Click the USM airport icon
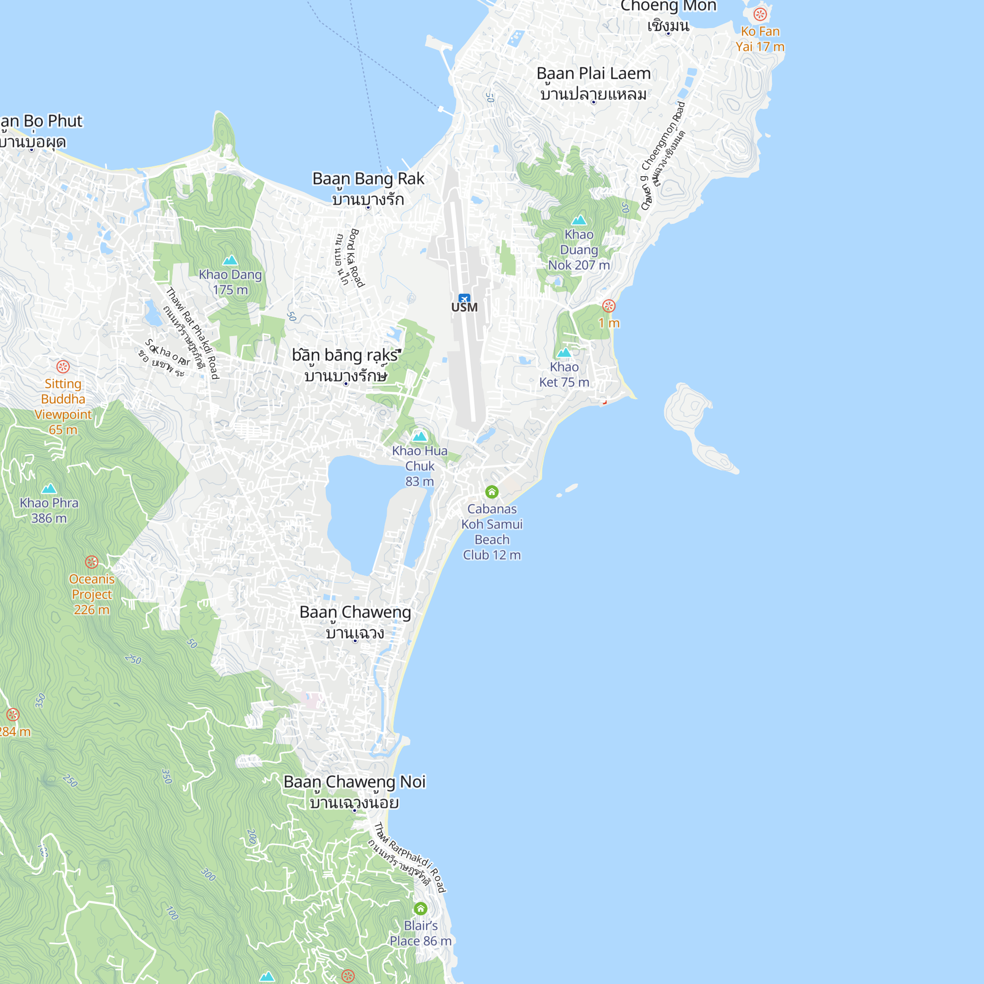coord(464,299)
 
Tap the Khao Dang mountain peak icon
coord(230,260)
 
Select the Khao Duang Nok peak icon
coord(579,220)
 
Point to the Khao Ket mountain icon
coord(564,352)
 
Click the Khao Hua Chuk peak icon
coord(420,436)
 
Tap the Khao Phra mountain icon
coord(49,489)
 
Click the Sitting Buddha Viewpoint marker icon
coord(63,367)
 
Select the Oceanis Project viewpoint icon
coord(92,562)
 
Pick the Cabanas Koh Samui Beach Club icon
coord(492,492)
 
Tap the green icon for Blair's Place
coord(421,908)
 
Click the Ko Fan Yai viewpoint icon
coord(760,14)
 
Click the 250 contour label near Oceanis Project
coord(133,660)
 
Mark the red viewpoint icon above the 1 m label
coord(609,306)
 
